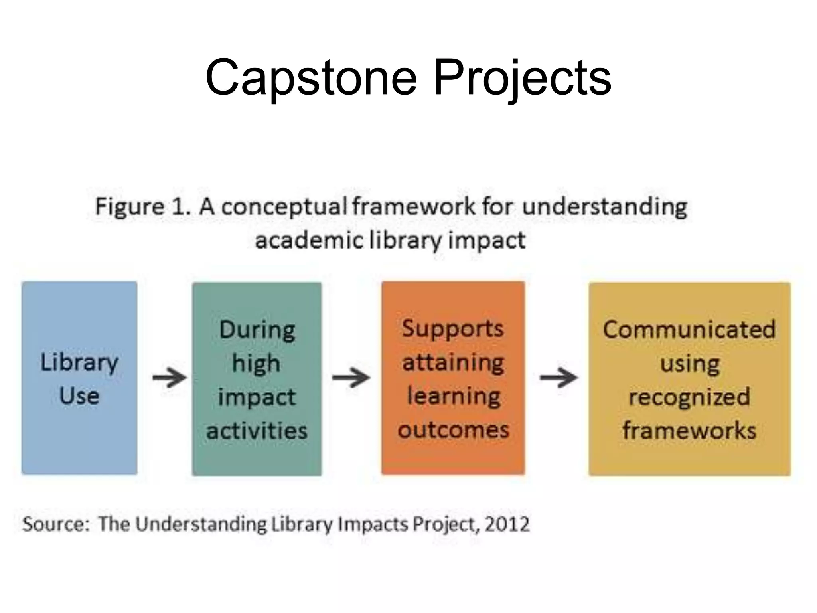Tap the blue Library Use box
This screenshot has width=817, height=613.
(x=79, y=378)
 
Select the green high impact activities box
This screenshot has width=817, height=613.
(x=257, y=379)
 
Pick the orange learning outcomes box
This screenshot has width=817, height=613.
(x=453, y=378)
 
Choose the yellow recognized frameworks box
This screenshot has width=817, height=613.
(x=689, y=379)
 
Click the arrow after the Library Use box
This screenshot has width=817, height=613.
(x=170, y=377)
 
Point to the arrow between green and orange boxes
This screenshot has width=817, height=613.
(x=351, y=377)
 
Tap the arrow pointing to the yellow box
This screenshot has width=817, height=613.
(x=558, y=377)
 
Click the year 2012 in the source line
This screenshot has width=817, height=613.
(x=507, y=524)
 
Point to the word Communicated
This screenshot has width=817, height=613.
(x=689, y=330)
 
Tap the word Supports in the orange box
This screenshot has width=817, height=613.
(x=453, y=329)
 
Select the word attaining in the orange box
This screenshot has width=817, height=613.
(x=453, y=363)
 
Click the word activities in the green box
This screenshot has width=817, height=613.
(x=257, y=431)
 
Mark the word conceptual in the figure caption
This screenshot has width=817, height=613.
(x=284, y=207)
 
